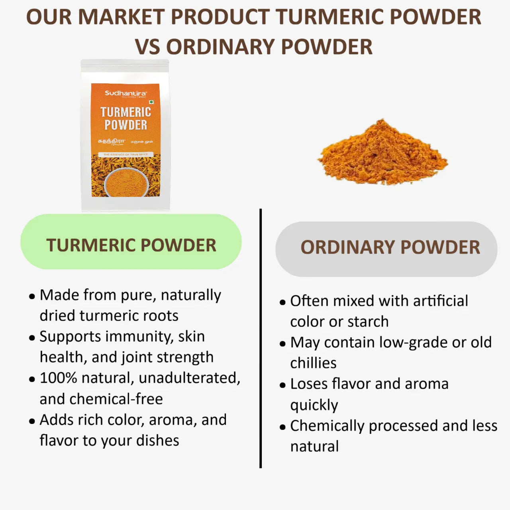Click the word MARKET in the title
pyautogui.click(x=122, y=17)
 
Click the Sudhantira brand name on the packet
pyautogui.click(x=126, y=93)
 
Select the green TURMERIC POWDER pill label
pyautogui.click(x=131, y=242)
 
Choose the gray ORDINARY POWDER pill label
pyautogui.click(x=386, y=249)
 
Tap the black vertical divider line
pyautogui.click(x=261, y=339)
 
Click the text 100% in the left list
pyautogui.click(x=58, y=378)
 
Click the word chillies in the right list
pyautogui.click(x=313, y=363)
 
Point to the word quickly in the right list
pyautogui.click(x=314, y=405)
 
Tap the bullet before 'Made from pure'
pyautogui.click(x=32, y=296)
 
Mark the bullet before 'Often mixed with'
pyautogui.click(x=282, y=302)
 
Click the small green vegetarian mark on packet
pyautogui.click(x=151, y=102)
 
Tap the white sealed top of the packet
pyautogui.click(x=125, y=66)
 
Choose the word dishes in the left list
pyautogui.click(x=157, y=440)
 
